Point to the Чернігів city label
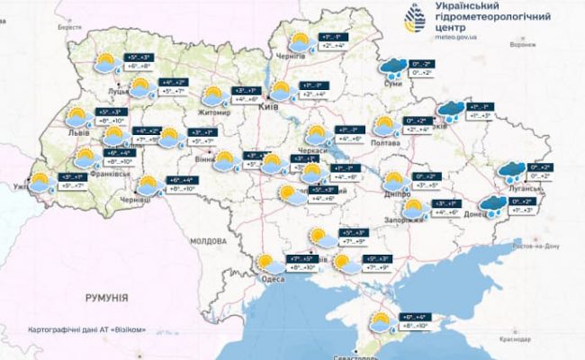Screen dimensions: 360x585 (x=293, y=57)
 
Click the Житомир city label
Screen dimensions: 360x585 (x=216, y=112)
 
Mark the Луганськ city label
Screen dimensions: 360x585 (x=518, y=183)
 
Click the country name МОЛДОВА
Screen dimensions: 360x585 (x=210, y=242)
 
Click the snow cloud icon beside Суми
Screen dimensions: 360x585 (x=392, y=66)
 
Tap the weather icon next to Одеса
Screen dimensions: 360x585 (x=266, y=264)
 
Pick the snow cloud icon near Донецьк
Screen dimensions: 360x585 (x=492, y=206)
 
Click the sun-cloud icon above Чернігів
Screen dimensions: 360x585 (x=299, y=42)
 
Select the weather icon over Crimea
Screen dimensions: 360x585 (x=382, y=321)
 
